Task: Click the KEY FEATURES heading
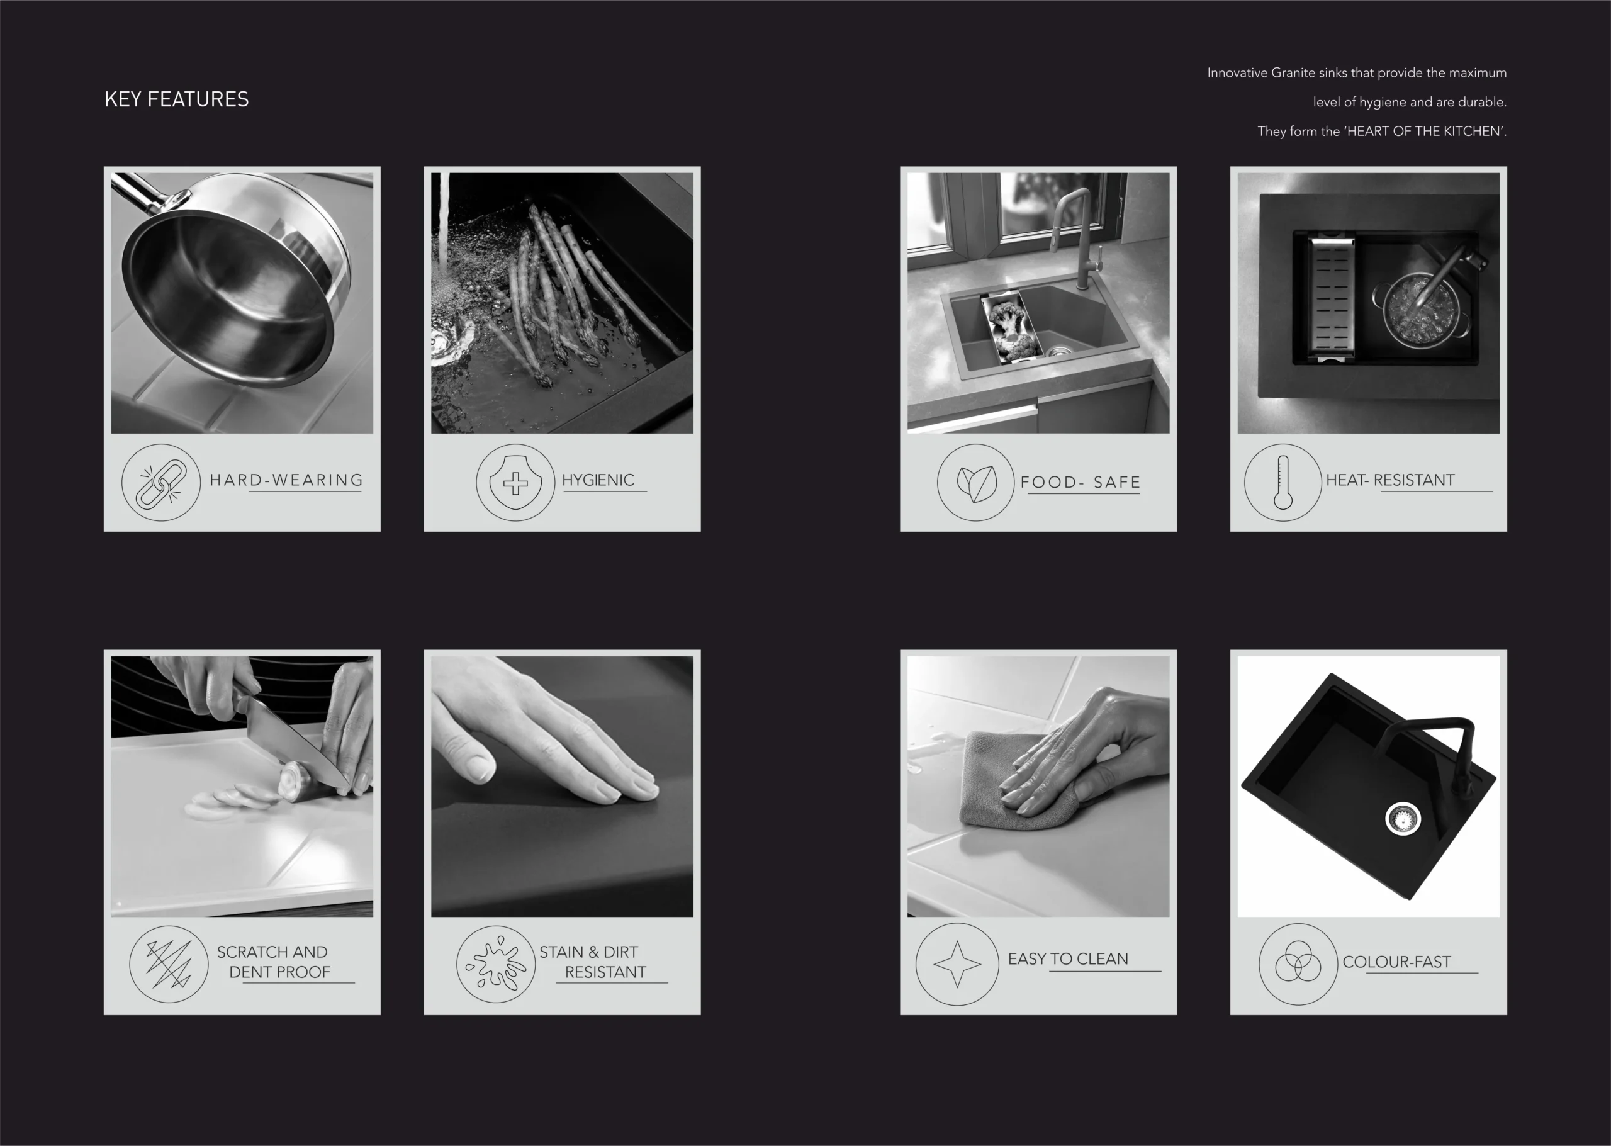(176, 99)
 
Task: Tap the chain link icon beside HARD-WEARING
(161, 483)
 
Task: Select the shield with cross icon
(515, 483)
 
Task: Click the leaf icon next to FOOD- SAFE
(976, 483)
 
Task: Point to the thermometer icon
(1283, 483)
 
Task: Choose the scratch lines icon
(169, 964)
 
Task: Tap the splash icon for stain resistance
(496, 964)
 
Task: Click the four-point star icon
(958, 964)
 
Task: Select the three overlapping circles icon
(1298, 964)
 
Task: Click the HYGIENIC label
(598, 480)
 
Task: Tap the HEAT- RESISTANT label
(1390, 480)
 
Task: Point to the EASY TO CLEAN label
(1069, 959)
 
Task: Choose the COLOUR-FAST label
(1396, 962)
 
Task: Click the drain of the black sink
(1402, 819)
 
